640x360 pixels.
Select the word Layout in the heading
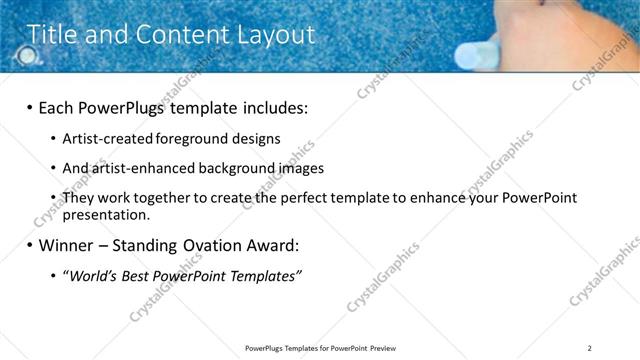pos(274,35)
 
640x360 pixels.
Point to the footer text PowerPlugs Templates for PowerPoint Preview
pos(320,348)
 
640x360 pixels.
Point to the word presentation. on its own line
pos(106,214)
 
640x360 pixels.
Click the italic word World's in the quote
pos(91,276)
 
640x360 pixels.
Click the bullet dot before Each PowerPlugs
pos(29,106)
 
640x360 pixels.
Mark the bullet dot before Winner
pos(29,245)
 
